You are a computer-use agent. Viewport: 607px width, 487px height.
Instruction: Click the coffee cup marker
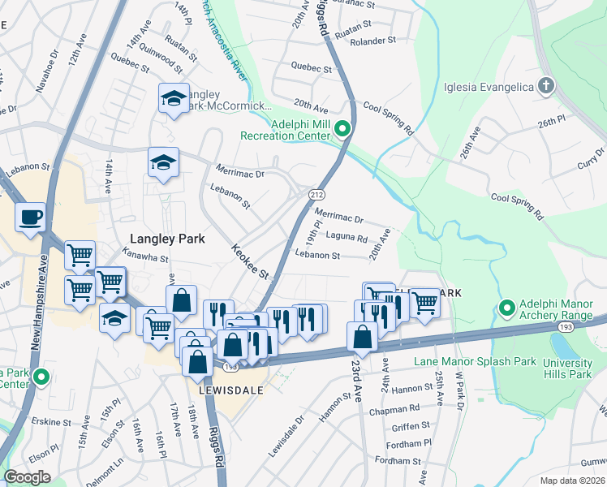30,218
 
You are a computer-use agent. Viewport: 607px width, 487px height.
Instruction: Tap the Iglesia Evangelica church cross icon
547,86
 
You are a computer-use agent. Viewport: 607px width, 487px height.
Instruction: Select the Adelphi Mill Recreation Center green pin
342,127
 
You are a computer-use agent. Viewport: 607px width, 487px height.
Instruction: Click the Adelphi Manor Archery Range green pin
507,308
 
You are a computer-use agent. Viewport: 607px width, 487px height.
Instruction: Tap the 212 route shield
316,195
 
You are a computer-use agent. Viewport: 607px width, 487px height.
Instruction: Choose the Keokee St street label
249,262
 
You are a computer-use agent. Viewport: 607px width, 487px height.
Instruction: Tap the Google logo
27,476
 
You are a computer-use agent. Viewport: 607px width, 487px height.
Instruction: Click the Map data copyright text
572,480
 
